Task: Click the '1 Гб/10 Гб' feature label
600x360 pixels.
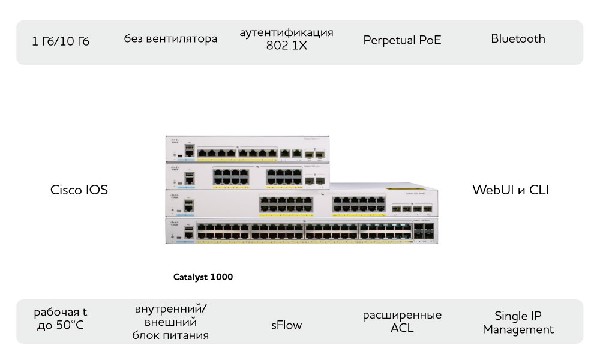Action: [x=61, y=41]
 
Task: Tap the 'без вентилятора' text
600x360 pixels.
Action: [x=170, y=38]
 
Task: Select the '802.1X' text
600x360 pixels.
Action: [x=287, y=46]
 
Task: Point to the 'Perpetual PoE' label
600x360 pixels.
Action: [x=402, y=40]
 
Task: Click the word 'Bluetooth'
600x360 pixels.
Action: [x=518, y=38]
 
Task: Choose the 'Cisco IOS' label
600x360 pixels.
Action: [x=79, y=190]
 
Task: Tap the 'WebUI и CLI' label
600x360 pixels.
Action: [x=511, y=190]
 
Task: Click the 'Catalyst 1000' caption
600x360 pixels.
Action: [x=203, y=277]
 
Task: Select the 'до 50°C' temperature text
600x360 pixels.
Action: [x=61, y=325]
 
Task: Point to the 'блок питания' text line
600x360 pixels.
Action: [x=170, y=335]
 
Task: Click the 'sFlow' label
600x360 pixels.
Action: [x=287, y=325]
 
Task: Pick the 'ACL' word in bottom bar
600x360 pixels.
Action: [x=402, y=328]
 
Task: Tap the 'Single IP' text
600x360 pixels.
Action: [x=518, y=316]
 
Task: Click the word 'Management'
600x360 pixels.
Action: [x=518, y=329]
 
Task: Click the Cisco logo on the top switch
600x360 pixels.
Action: [x=175, y=141]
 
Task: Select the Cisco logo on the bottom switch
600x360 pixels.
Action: [x=174, y=223]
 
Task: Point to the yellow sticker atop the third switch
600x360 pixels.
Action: [x=404, y=188]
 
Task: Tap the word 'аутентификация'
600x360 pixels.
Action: [x=287, y=32]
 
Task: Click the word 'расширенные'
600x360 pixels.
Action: [x=402, y=315]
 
